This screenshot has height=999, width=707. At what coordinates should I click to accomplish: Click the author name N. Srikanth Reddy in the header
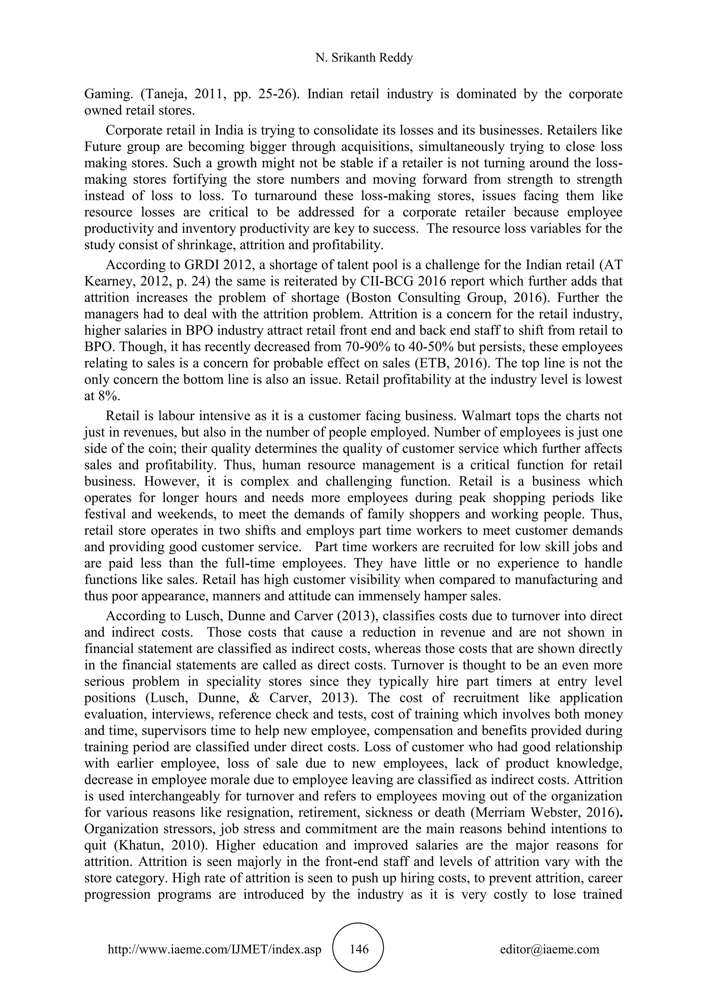[364, 58]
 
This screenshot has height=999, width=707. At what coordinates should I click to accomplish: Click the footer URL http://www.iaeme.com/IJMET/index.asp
[214, 949]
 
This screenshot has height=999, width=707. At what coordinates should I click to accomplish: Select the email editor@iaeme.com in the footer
[549, 949]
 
